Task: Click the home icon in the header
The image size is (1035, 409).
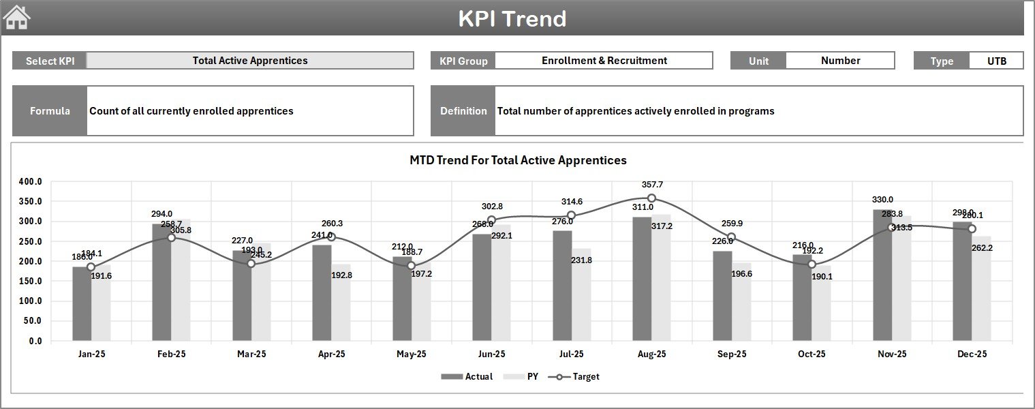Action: [17, 18]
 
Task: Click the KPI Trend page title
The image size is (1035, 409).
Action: [512, 18]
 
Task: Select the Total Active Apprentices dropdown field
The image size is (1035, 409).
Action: [250, 61]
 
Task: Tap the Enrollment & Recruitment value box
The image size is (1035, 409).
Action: [604, 61]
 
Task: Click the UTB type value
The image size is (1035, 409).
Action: [996, 61]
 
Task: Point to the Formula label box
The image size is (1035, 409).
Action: [50, 111]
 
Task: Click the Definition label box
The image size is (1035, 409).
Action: [463, 111]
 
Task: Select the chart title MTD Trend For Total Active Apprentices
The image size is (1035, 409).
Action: [518, 160]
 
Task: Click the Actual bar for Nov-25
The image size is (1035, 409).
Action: [882, 276]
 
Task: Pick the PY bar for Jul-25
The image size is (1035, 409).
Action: [581, 294]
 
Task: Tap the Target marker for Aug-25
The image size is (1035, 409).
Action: [651, 198]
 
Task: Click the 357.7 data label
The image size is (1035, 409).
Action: [652, 185]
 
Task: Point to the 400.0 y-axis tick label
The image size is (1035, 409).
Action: [31, 182]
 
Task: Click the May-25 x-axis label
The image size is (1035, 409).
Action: [411, 354]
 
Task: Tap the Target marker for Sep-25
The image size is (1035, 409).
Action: [731, 237]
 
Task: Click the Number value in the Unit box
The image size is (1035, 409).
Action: [840, 61]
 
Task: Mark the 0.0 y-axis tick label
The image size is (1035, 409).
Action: [35, 341]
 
